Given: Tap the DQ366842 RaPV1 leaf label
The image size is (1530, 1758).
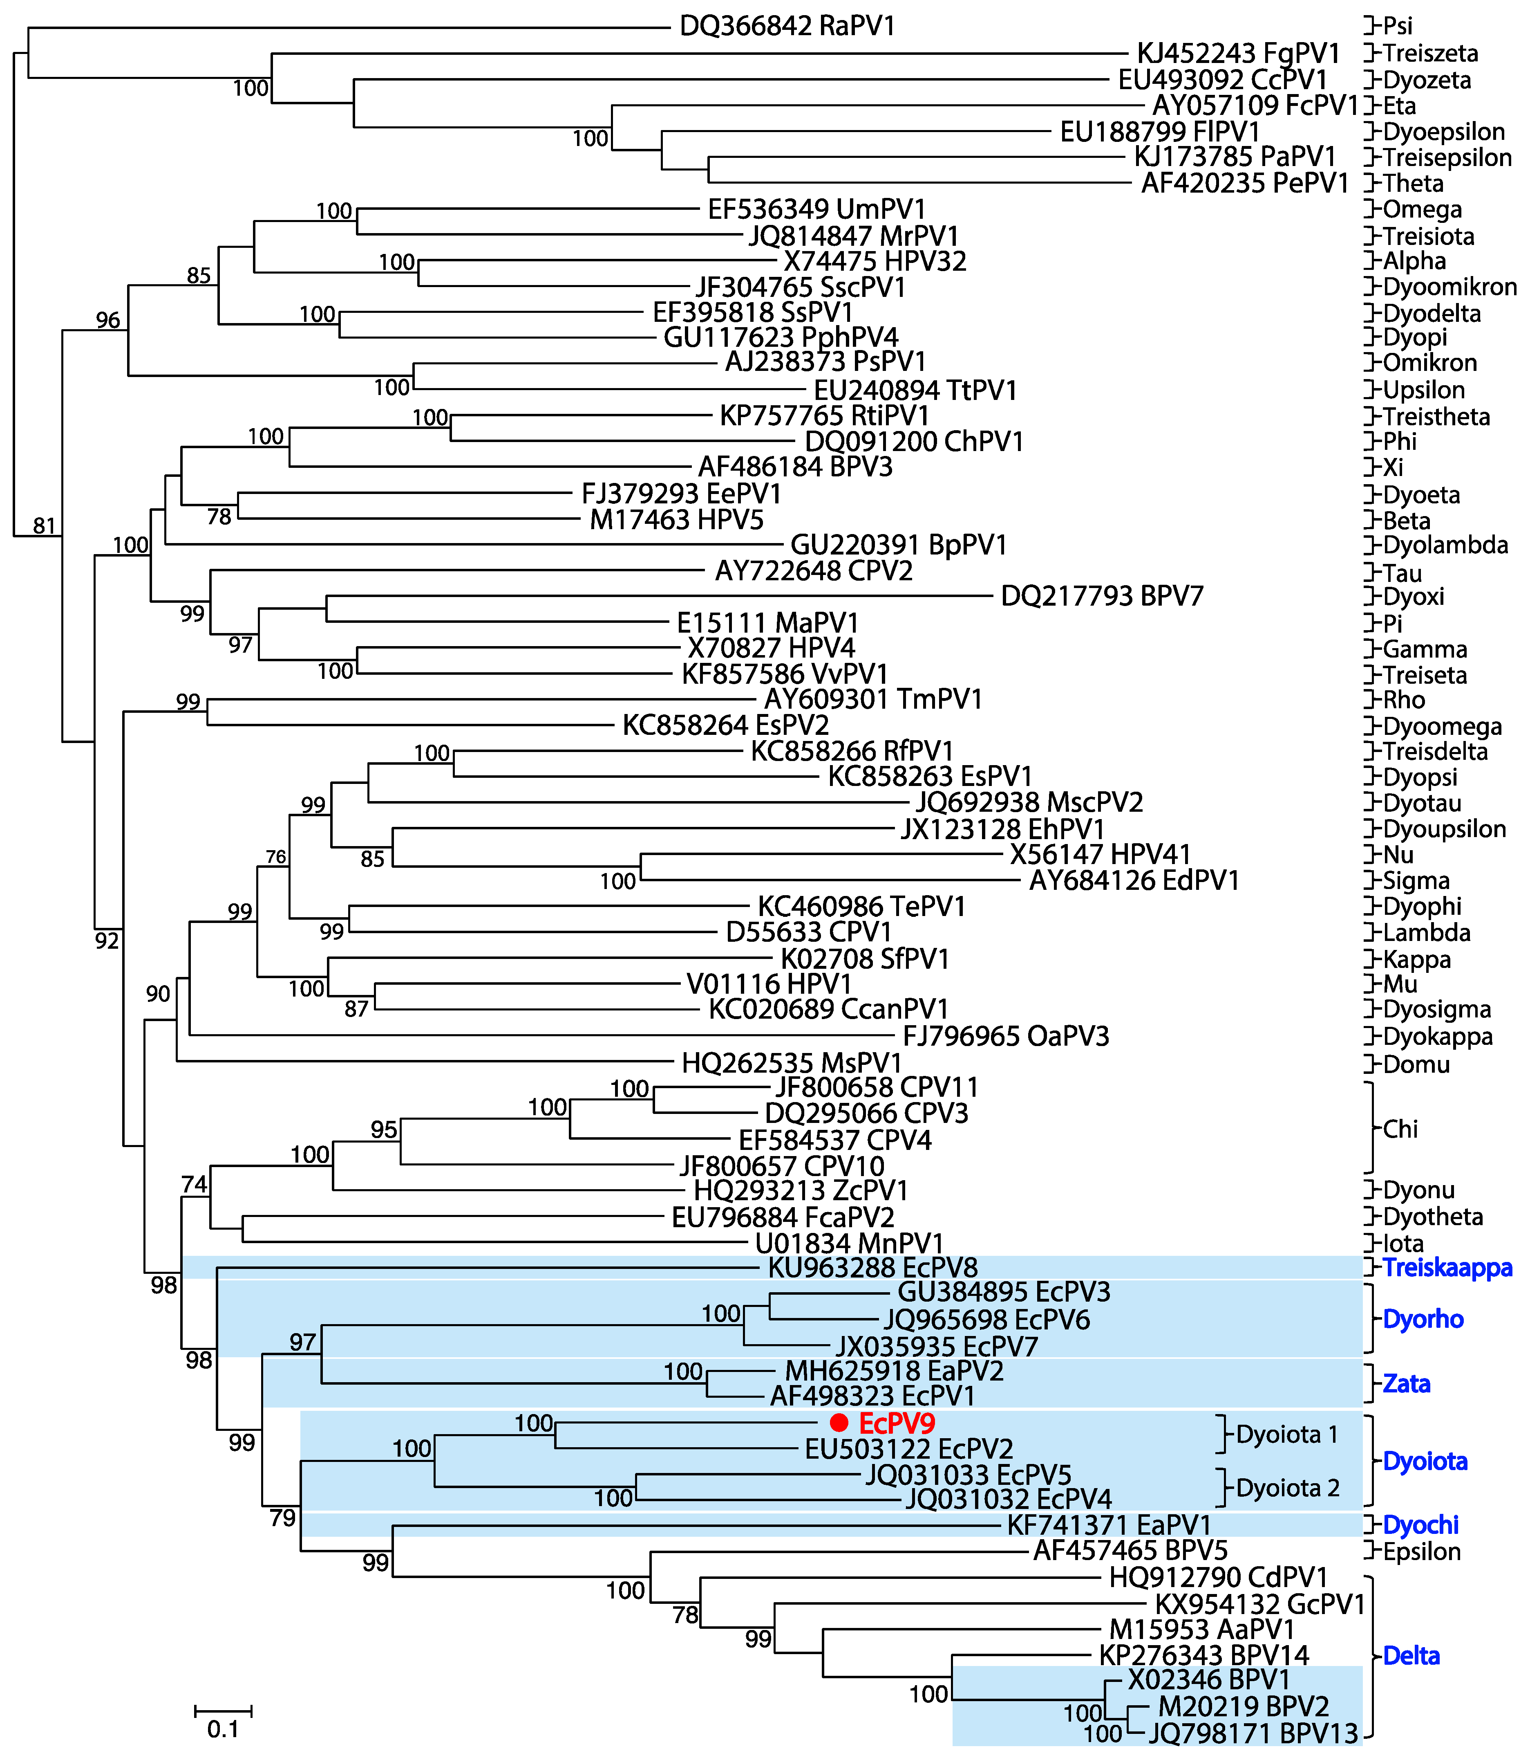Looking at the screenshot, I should tap(787, 27).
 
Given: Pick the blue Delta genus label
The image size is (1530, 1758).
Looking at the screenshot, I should tap(1411, 1655).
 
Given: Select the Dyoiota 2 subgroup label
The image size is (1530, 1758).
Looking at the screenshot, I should tap(1288, 1488).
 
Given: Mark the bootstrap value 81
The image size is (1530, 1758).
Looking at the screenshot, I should tap(45, 526).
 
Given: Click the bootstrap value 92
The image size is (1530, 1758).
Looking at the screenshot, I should tap(107, 941).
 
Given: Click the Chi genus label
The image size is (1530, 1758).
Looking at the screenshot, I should tap(1400, 1129).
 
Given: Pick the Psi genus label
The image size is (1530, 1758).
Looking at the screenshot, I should tap(1398, 27).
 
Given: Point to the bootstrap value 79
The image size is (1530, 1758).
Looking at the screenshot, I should tap(283, 1518).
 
